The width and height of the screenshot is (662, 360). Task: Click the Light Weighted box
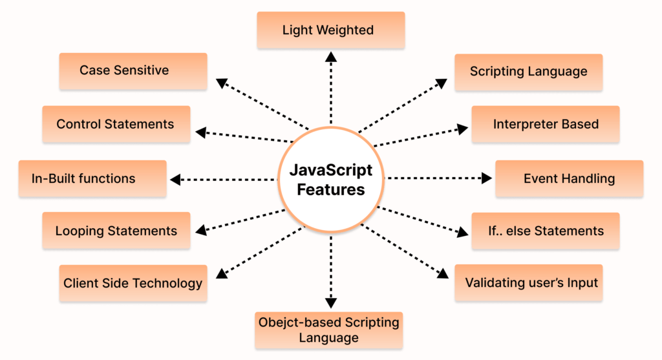tap(330, 30)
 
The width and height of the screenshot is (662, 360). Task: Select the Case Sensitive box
tap(133, 70)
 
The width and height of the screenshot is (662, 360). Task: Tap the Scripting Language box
tap(529, 72)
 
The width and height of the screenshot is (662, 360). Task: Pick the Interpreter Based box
tap(546, 124)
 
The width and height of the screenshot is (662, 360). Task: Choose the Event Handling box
tap(569, 178)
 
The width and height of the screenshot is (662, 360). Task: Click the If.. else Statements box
tap(546, 231)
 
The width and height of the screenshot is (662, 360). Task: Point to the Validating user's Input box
tap(529, 282)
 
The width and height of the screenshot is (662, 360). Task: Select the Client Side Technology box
tap(133, 283)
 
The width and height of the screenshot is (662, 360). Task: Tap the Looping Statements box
tap(116, 231)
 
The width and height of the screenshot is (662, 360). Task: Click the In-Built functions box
tap(92, 178)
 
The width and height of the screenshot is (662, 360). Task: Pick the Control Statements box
tap(116, 124)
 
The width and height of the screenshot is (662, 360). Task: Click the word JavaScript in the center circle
tap(330, 171)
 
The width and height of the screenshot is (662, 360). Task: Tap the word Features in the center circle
tap(330, 189)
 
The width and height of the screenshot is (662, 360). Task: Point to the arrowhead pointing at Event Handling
tap(487, 178)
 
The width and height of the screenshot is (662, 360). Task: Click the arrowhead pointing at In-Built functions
tap(175, 179)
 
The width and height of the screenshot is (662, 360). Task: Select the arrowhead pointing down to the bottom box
tap(331, 302)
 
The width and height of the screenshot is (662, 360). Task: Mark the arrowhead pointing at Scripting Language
tap(440, 83)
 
